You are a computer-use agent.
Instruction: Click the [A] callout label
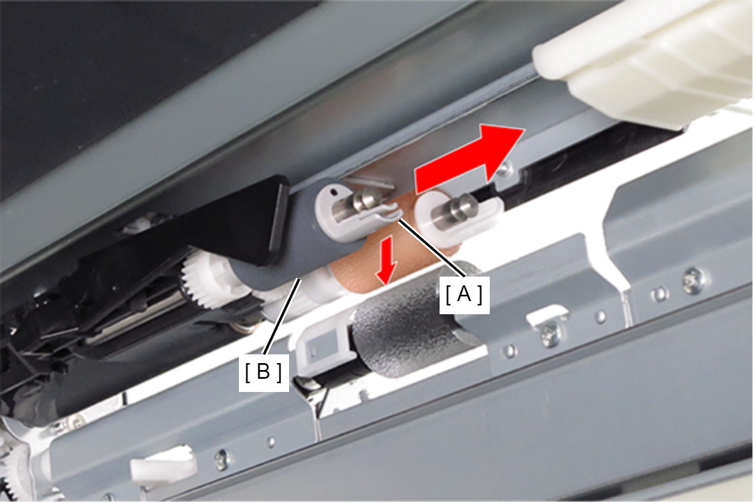[464, 295]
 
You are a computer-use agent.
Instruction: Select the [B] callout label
[263, 373]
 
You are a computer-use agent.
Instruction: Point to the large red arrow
[468, 159]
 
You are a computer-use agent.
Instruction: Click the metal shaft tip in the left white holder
[367, 198]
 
